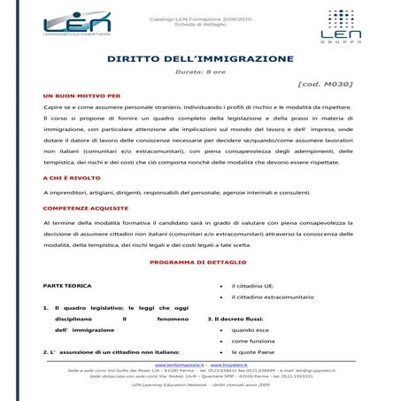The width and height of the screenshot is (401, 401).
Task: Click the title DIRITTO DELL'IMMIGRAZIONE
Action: click(199, 58)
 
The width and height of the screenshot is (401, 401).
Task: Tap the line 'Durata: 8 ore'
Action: click(199, 71)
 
